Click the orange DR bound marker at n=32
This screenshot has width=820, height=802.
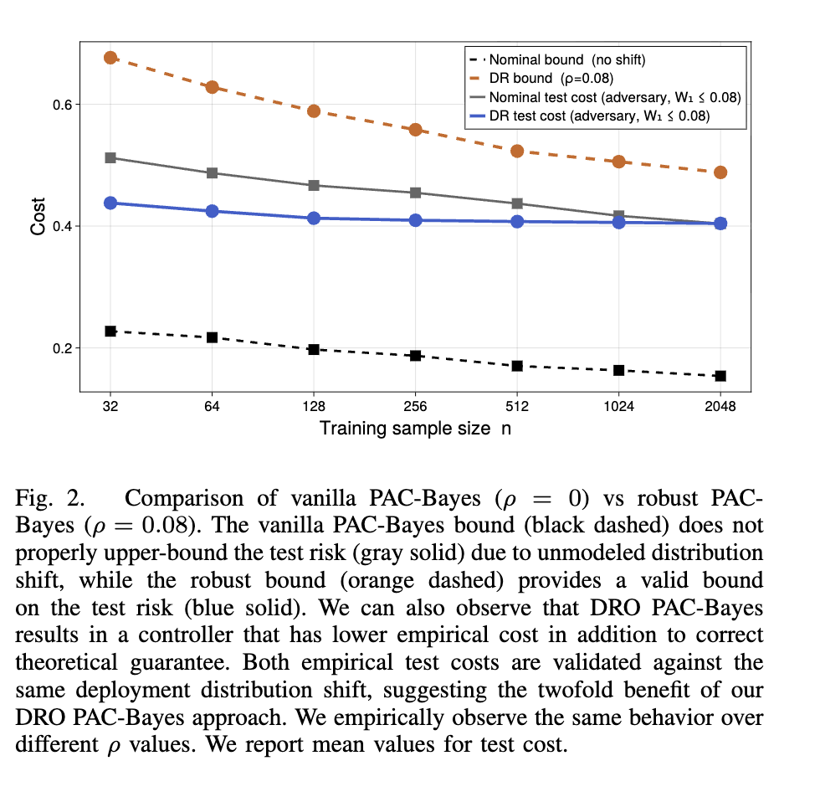tap(110, 57)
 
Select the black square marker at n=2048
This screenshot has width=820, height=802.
tap(720, 376)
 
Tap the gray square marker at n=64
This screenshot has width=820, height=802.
tap(212, 173)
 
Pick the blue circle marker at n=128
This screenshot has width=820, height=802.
tap(314, 218)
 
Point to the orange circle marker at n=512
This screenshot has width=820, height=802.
tap(517, 151)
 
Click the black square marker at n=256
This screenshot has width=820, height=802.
tap(415, 356)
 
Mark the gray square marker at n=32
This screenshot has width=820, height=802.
tap(110, 157)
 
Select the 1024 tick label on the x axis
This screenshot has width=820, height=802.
tap(618, 407)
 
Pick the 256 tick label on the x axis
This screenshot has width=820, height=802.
tap(415, 407)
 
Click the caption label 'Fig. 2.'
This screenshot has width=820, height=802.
tap(50, 499)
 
